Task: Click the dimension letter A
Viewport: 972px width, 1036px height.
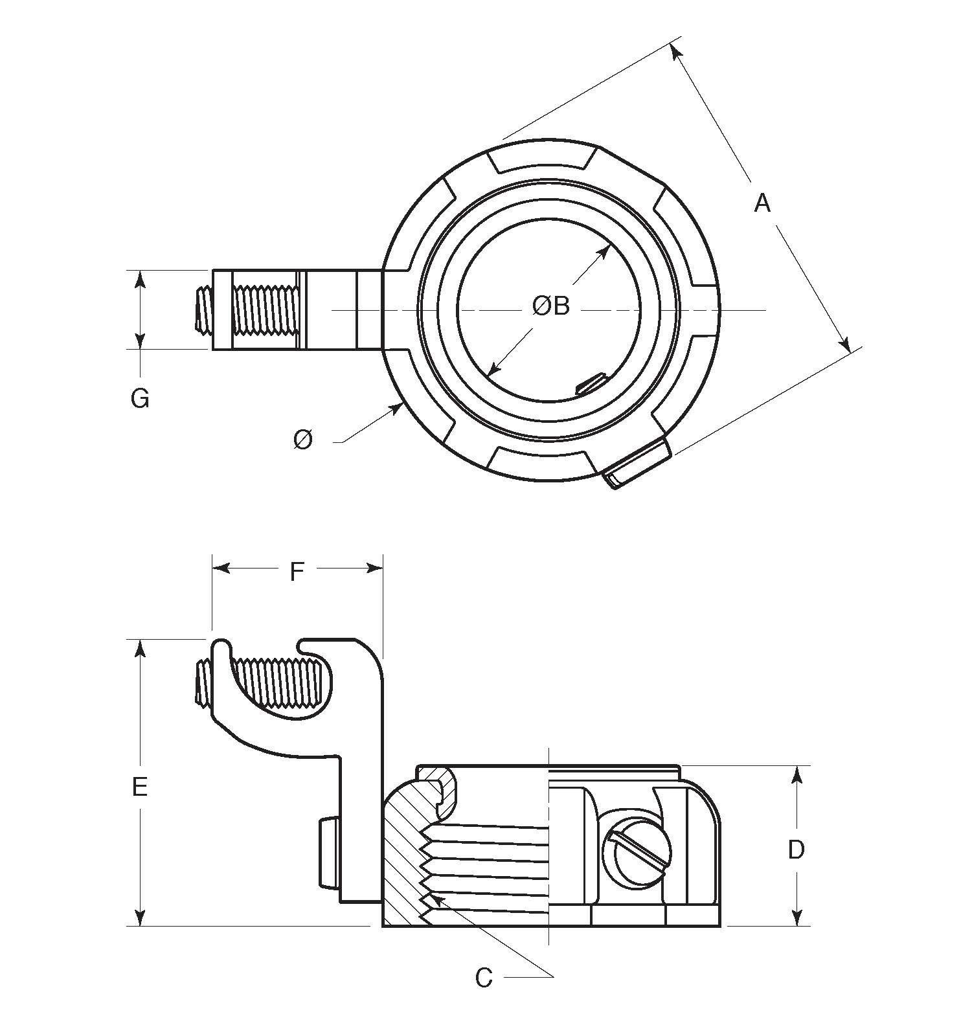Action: pos(763,203)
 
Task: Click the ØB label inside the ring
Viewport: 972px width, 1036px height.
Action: pos(550,306)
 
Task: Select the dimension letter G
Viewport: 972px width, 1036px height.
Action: pos(140,398)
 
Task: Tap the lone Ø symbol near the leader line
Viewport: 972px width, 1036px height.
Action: pos(302,440)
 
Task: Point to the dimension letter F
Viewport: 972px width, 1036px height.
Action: pos(297,571)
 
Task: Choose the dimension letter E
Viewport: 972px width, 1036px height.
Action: pos(140,787)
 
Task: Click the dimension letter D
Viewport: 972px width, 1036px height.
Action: pos(796,849)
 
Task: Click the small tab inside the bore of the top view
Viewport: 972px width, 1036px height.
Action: pos(590,384)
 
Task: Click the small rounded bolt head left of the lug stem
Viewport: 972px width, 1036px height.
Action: pos(326,853)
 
